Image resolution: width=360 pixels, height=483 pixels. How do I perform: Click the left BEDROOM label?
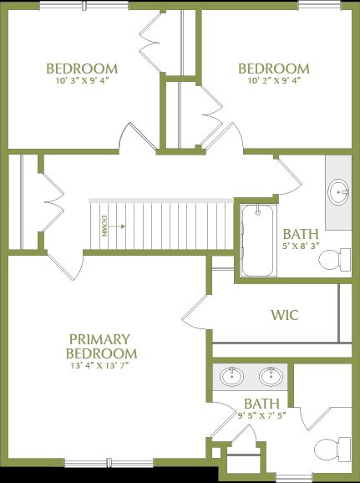pyautogui.click(x=82, y=69)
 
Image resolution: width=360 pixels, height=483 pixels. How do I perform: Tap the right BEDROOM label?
pyautogui.click(x=274, y=69)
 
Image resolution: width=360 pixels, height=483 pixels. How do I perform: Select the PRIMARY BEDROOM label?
pyautogui.click(x=99, y=346)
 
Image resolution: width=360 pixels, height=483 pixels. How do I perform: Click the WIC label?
pyautogui.click(x=284, y=316)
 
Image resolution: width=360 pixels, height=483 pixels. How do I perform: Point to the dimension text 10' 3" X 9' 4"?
pyautogui.click(x=82, y=82)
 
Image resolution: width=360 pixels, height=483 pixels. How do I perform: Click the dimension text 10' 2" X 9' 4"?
pyautogui.click(x=274, y=82)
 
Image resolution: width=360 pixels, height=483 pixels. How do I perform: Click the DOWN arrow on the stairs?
pyautogui.click(x=114, y=226)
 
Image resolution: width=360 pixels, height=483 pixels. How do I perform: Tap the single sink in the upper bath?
pyautogui.click(x=340, y=192)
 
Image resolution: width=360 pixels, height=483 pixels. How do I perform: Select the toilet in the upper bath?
pyautogui.click(x=337, y=259)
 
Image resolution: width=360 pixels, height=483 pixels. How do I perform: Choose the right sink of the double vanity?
pyautogui.click(x=271, y=377)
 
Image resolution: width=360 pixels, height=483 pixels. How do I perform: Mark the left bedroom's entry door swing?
pyautogui.click(x=135, y=137)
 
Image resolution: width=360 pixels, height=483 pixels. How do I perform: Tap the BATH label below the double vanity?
pyautogui.click(x=261, y=404)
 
